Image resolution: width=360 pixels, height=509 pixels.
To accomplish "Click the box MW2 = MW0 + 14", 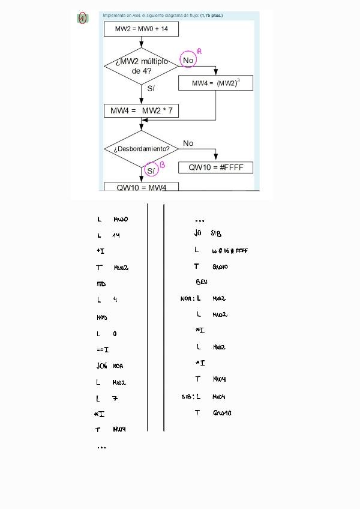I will click(141, 29).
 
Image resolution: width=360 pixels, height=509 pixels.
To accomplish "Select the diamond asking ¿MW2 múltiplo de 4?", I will click(141, 65).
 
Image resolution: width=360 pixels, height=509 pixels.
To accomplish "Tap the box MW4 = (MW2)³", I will click(215, 83).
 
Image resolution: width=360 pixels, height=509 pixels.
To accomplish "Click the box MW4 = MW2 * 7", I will click(141, 111).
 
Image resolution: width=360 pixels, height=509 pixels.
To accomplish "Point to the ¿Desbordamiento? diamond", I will click(141, 149).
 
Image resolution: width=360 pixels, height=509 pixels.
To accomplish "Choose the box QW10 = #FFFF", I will click(215, 167).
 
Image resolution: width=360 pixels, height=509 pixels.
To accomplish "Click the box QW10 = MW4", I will click(141, 187).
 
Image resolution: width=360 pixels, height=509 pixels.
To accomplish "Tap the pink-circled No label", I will click(188, 60).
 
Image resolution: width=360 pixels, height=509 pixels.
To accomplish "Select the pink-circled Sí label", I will click(151, 170).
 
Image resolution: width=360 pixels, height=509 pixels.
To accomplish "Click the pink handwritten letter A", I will click(199, 52).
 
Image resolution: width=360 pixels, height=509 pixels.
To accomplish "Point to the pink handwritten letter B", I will click(162, 164).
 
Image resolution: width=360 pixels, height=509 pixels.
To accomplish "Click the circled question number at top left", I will click(82, 19).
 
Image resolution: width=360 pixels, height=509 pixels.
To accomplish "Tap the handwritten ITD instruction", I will click(101, 284).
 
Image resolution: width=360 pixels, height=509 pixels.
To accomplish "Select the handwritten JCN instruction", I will click(101, 366).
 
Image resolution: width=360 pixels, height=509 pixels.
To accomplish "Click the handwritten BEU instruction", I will click(202, 282).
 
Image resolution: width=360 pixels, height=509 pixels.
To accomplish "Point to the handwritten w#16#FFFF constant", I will click(230, 251).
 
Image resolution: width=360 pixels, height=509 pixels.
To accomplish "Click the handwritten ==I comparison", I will click(102, 349).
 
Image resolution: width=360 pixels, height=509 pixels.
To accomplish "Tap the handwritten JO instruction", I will click(197, 233).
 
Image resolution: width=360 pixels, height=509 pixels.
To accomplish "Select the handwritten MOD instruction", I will click(101, 318).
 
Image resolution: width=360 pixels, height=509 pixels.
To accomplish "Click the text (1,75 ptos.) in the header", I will click(211, 16).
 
